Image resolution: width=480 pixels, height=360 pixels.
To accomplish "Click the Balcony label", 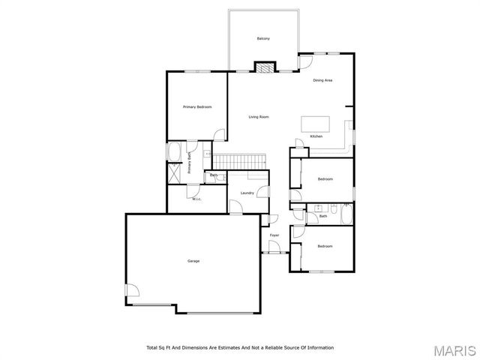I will (263, 39).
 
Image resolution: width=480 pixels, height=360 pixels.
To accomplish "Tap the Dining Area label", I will (322, 80).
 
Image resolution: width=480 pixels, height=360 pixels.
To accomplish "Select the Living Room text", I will (259, 117).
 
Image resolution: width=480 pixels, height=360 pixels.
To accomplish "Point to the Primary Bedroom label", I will (197, 107).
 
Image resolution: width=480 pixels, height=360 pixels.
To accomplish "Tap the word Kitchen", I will (316, 136).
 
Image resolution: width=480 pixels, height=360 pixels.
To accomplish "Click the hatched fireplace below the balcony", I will (263, 67).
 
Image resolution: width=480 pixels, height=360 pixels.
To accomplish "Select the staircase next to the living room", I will (240, 161).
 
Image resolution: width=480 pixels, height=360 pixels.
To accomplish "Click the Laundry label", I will (247, 193).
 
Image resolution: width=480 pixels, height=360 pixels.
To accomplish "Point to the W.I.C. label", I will (196, 199).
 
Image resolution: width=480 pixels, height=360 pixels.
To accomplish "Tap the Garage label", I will (193, 261).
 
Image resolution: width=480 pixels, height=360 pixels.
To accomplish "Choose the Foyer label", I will (274, 235).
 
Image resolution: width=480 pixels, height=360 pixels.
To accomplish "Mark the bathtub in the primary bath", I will (173, 152).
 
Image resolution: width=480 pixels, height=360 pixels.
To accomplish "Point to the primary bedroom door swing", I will (219, 134).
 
